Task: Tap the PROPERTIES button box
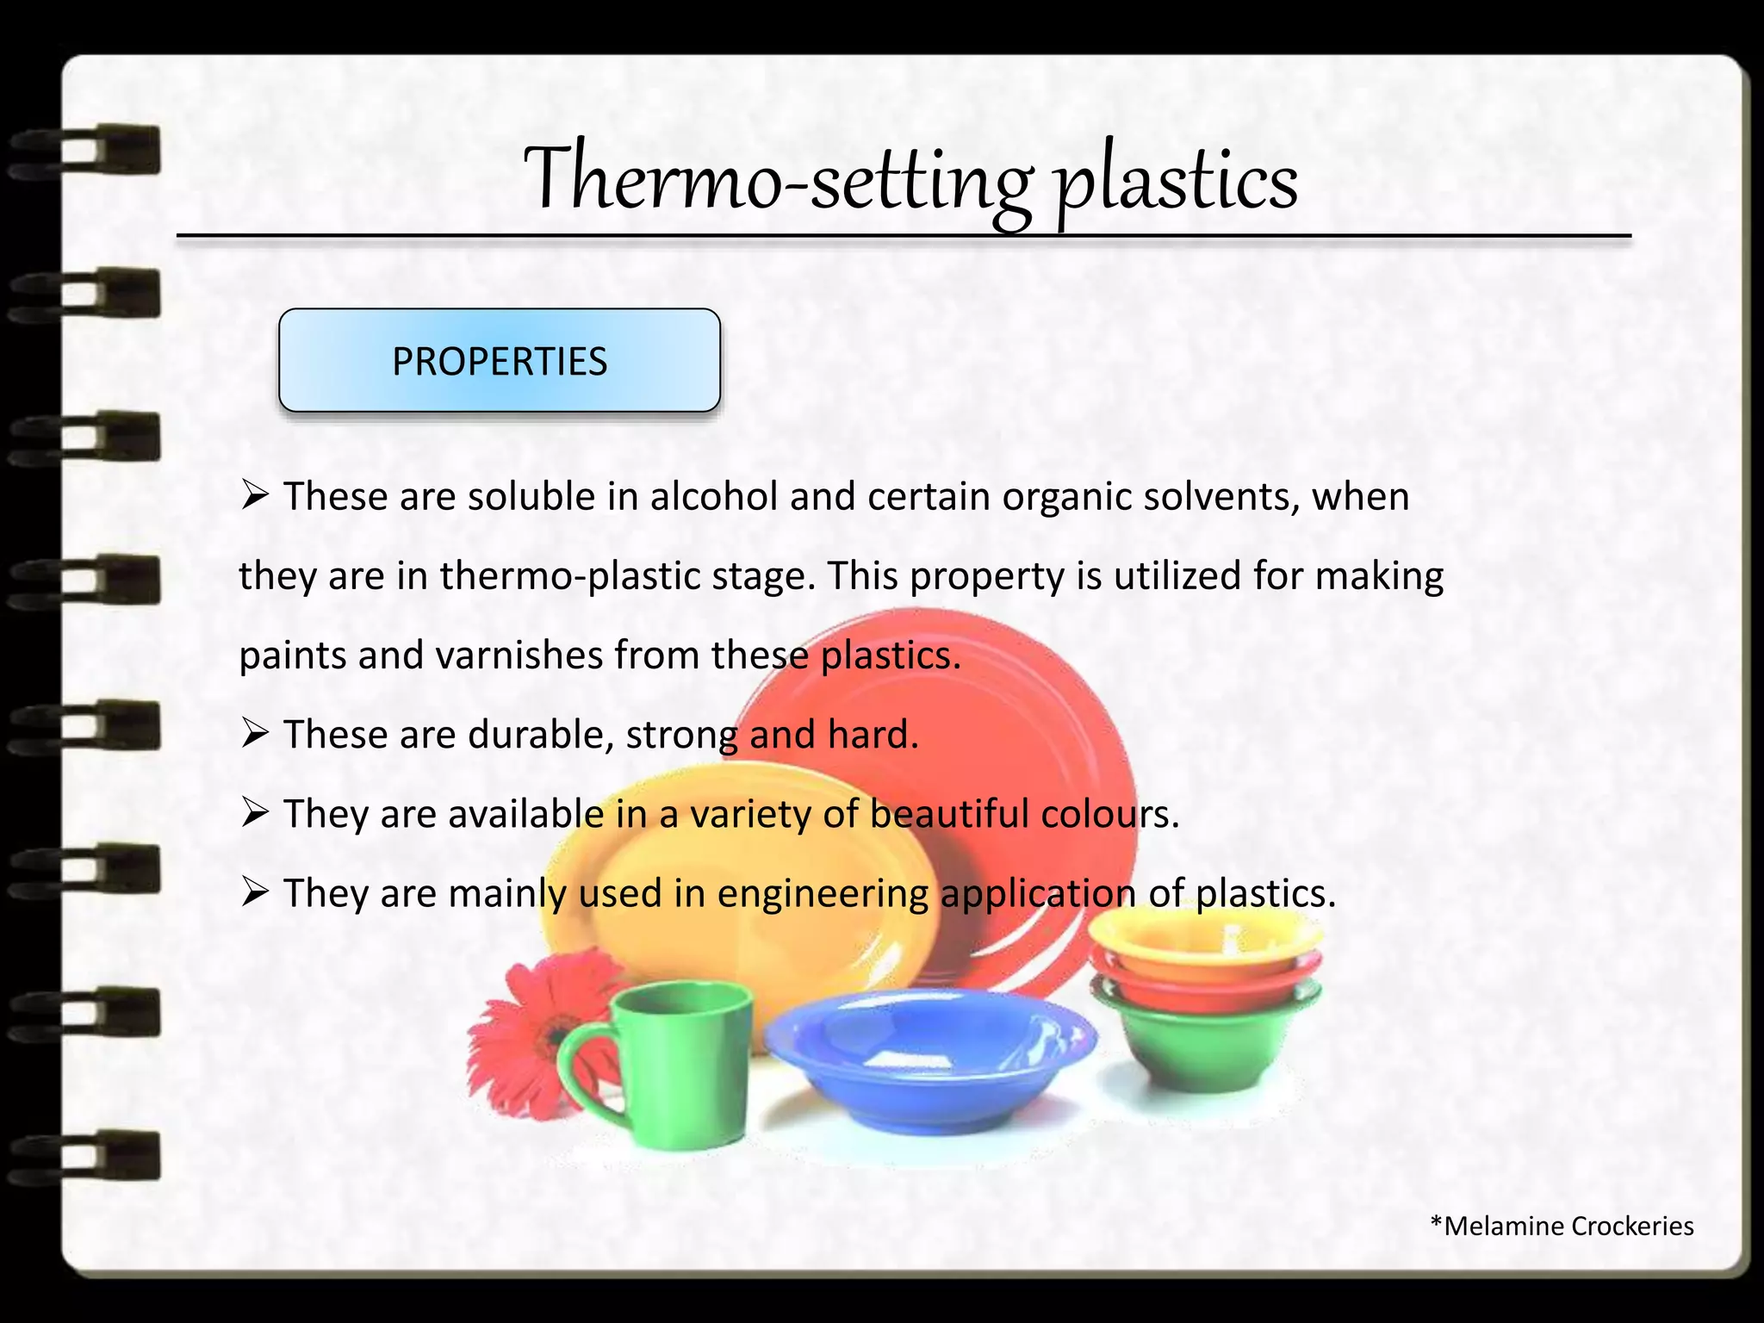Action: coord(500,360)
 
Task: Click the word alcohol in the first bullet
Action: coord(713,497)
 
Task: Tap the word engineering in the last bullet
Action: coord(822,893)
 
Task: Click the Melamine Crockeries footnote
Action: coord(1562,1226)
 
